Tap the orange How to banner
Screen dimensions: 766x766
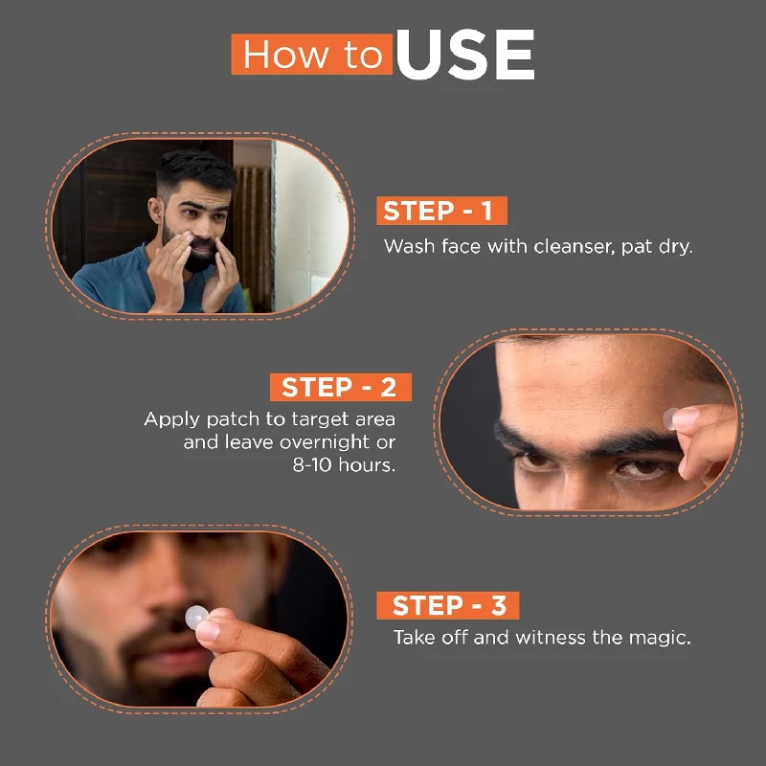312,55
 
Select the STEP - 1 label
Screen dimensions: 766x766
441,212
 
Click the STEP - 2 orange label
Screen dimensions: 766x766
340,388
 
